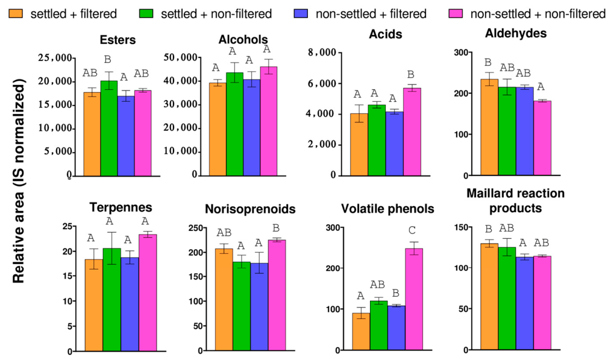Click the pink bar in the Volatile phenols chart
click(414, 299)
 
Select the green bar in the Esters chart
click(109, 128)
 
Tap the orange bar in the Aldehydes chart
click(489, 127)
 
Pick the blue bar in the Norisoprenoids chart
click(259, 307)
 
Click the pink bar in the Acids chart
click(412, 132)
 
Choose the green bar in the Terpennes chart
click(112, 300)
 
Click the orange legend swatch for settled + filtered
click(16, 14)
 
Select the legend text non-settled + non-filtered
click(537, 14)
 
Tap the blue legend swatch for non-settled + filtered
click(301, 14)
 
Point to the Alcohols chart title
click(243, 39)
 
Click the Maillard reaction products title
click(516, 200)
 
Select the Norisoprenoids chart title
click(250, 209)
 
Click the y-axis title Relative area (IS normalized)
click(18, 181)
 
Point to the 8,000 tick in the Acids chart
click(322, 52)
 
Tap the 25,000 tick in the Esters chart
click(55, 58)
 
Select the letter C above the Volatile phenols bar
click(412, 230)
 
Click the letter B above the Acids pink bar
click(411, 74)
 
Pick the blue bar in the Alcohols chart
click(251, 128)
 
